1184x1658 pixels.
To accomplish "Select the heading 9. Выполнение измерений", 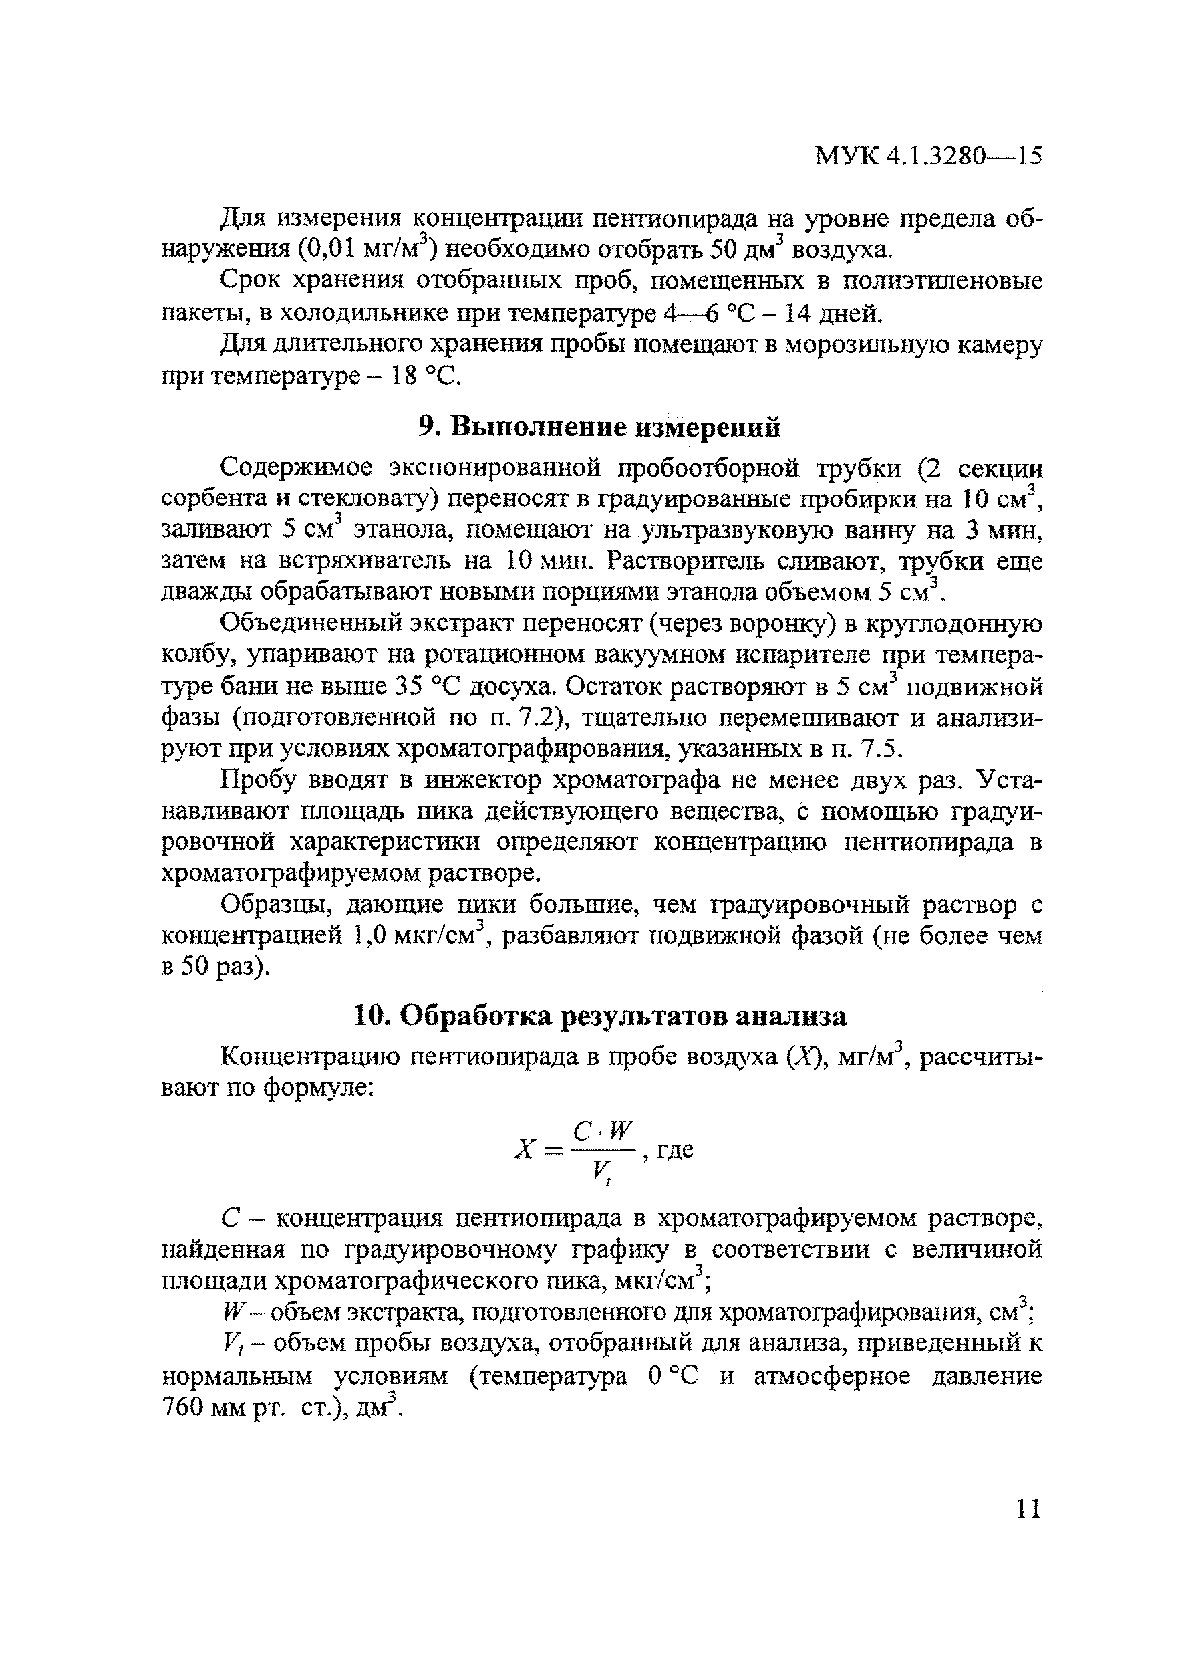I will pos(599,427).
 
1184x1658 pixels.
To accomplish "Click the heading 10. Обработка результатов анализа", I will pos(599,1016).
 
